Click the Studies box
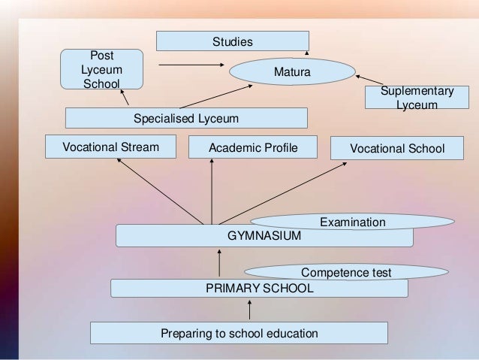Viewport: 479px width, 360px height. (232, 41)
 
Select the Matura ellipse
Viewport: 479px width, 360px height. (291, 72)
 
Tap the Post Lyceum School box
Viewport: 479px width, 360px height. (102, 69)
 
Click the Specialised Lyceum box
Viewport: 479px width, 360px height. (186, 118)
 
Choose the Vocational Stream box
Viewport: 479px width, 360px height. (110, 147)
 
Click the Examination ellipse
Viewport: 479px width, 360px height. (352, 222)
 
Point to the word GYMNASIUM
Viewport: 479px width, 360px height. (264, 236)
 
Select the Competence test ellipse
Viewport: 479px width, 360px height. (346, 271)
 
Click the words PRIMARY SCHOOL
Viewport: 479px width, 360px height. (260, 288)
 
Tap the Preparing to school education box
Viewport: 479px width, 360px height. (239, 333)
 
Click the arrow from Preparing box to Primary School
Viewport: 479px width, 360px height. (250, 310)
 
